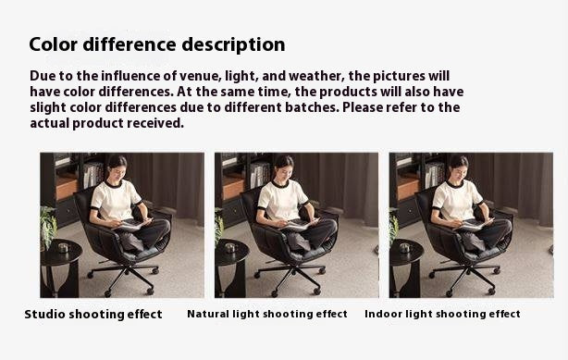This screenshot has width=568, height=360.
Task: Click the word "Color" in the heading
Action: tap(53, 44)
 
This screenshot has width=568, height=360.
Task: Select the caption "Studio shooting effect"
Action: tap(93, 314)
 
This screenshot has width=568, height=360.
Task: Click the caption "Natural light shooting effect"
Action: tap(267, 314)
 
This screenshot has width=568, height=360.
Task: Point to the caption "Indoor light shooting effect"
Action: tap(442, 314)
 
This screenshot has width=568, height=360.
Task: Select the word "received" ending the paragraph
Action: tap(153, 123)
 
